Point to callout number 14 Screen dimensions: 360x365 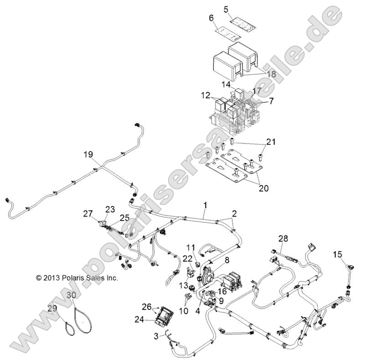(x=226, y=84)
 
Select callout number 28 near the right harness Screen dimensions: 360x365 (x=283, y=239)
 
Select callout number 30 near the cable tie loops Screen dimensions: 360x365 (x=71, y=294)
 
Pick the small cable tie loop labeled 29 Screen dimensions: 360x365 (x=69, y=327)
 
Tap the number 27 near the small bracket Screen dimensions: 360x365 (x=88, y=213)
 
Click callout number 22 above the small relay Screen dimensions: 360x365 (x=188, y=258)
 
